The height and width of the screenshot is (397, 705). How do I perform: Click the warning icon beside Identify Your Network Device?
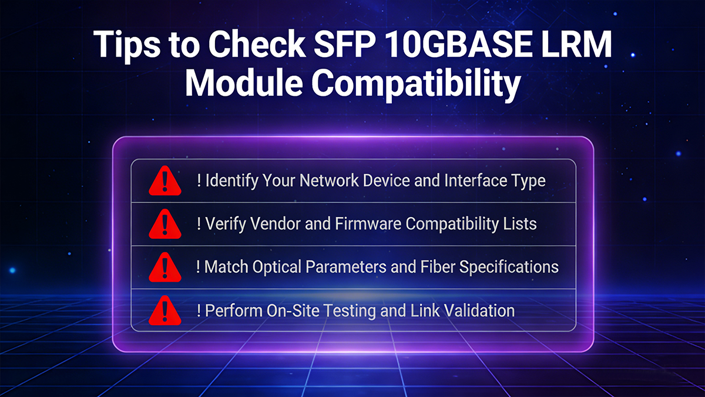tap(165, 181)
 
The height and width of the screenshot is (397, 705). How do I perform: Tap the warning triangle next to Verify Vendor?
tap(165, 224)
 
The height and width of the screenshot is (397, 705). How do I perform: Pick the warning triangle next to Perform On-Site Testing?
tap(165, 311)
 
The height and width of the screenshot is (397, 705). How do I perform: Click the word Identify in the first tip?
tap(230, 181)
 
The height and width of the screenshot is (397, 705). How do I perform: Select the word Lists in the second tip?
tap(521, 224)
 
